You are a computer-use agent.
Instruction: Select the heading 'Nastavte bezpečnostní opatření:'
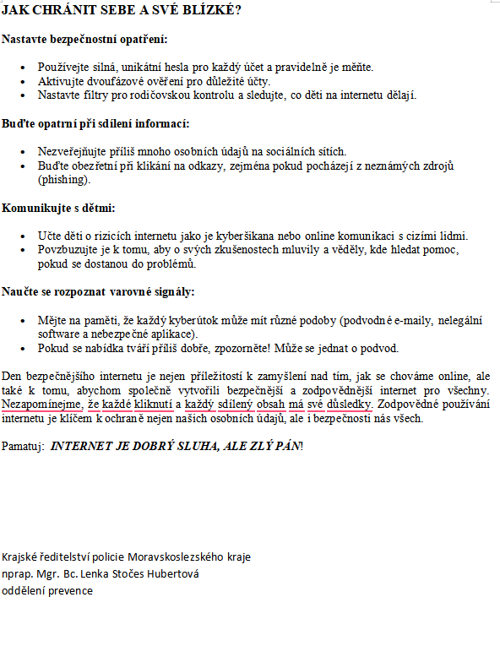(x=84, y=40)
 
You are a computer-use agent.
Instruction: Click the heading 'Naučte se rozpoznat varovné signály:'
(x=98, y=292)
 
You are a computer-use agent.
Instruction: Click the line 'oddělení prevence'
(x=47, y=591)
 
